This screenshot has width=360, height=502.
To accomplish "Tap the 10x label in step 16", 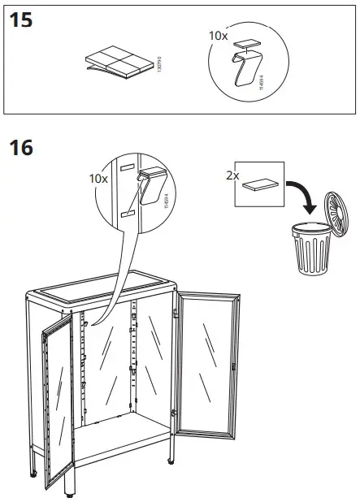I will pyautogui.click(x=98, y=177).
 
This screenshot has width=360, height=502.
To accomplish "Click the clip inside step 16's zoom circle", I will pyautogui.click(x=152, y=186).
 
